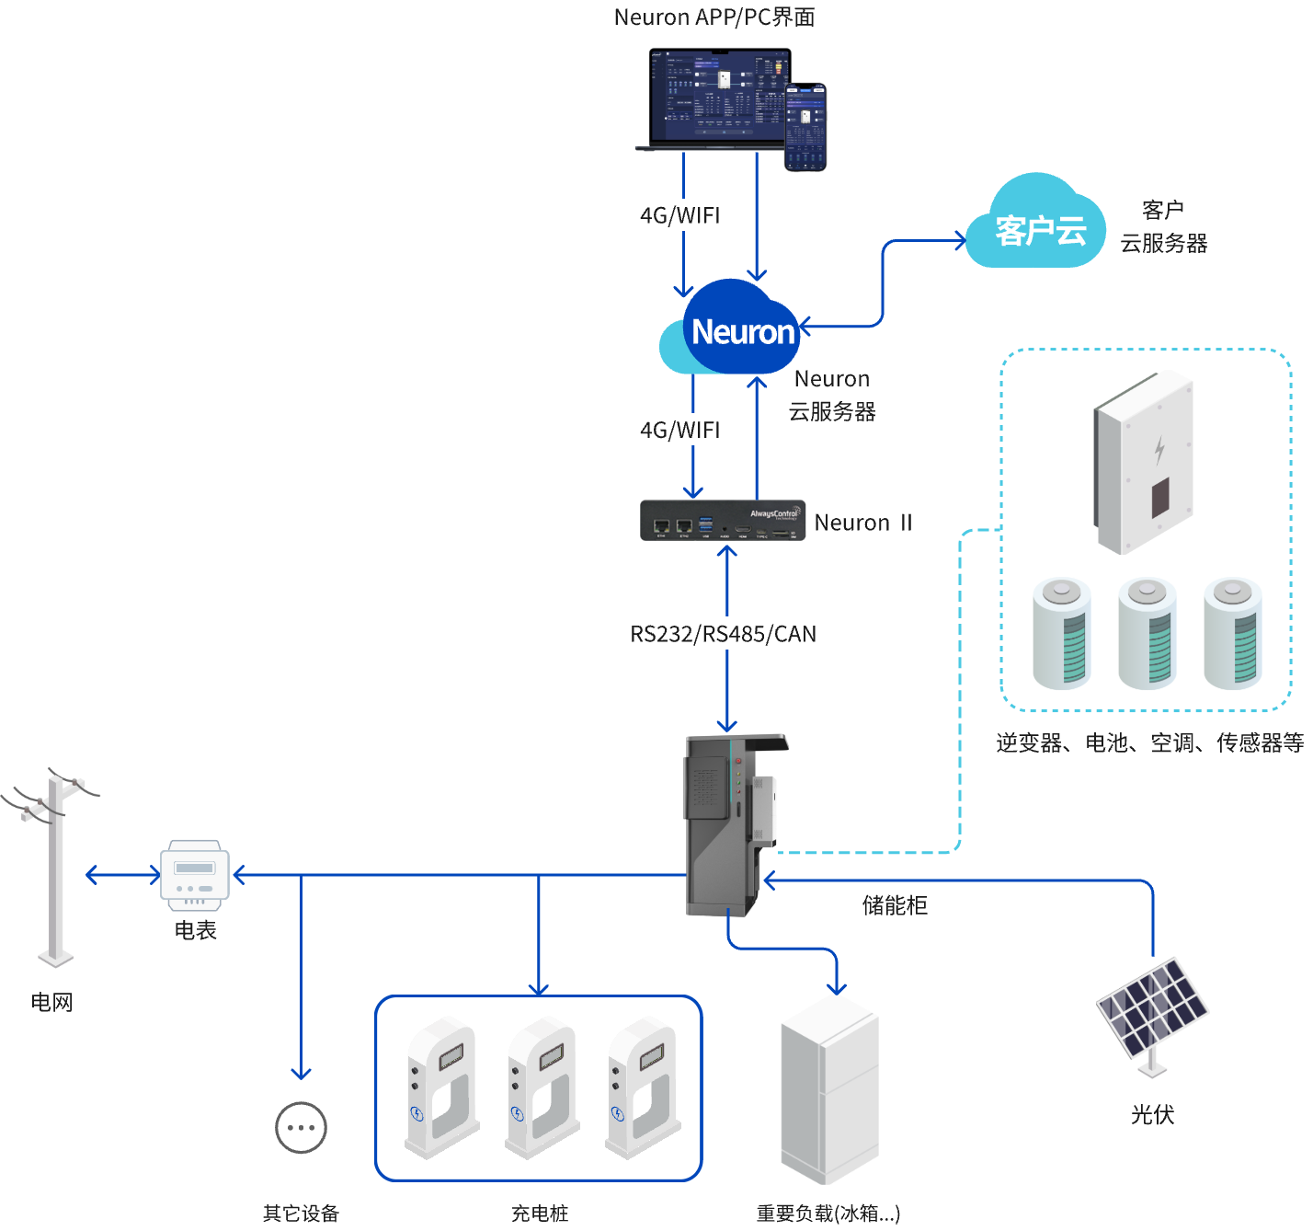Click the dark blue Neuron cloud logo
click(x=740, y=329)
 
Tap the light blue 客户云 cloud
click(x=1037, y=226)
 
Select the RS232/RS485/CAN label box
click(x=722, y=633)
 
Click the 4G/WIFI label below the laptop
click(x=679, y=214)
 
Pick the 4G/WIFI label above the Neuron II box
click(x=679, y=429)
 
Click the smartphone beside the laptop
click(x=805, y=126)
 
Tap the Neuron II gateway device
click(x=723, y=521)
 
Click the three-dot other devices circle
click(x=301, y=1127)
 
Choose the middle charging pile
click(x=542, y=1086)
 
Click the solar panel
click(x=1152, y=1008)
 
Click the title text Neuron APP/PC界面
click(x=714, y=17)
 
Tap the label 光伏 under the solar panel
click(x=1152, y=1114)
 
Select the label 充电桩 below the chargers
click(x=540, y=1214)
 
